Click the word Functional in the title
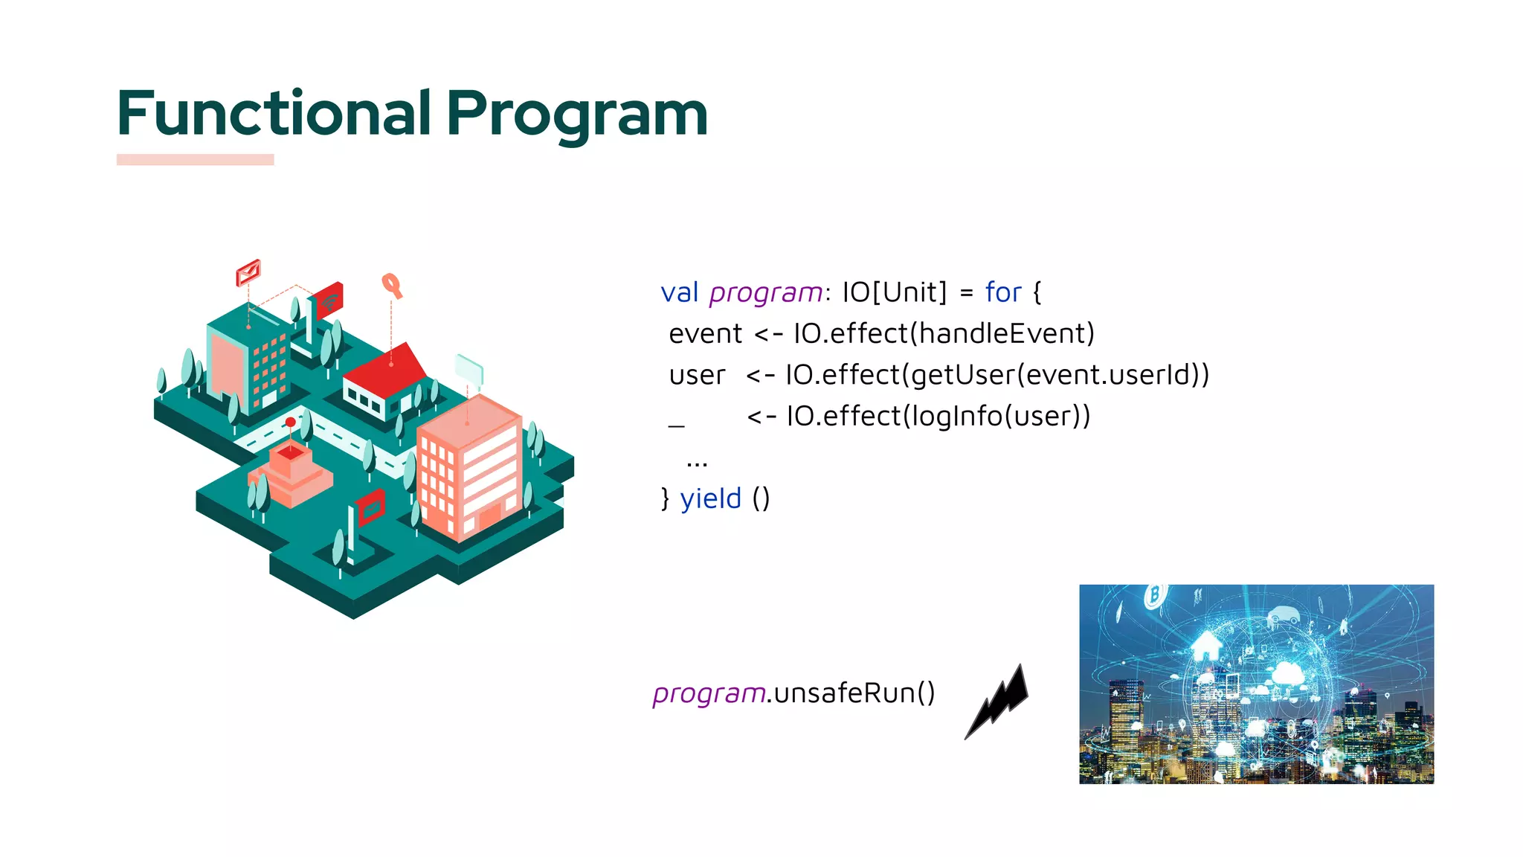(x=274, y=114)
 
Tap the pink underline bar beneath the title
(x=195, y=159)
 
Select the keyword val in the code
(x=679, y=292)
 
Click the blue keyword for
(x=1002, y=292)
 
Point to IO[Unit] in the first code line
(x=895, y=292)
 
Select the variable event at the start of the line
(x=705, y=334)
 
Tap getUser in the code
(x=962, y=375)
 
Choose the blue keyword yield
(x=710, y=498)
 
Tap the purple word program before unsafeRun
(x=709, y=693)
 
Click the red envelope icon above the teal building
(x=248, y=272)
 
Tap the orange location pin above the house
(x=391, y=285)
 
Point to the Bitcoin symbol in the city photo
(x=1154, y=595)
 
